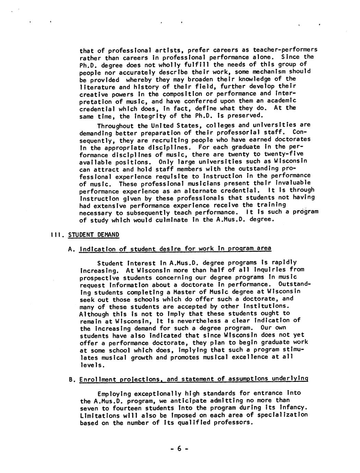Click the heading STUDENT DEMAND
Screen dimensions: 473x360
(x=94, y=235)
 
